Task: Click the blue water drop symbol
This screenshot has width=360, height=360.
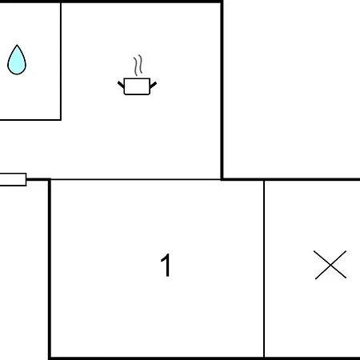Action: pyautogui.click(x=17, y=60)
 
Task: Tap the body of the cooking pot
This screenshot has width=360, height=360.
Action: pyautogui.click(x=137, y=86)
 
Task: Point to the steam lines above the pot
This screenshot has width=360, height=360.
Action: pyautogui.click(x=138, y=66)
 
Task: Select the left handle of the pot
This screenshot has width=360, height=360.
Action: pyautogui.click(x=121, y=85)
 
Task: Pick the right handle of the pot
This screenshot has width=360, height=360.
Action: pyautogui.click(x=153, y=85)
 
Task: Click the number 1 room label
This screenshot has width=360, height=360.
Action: pyautogui.click(x=166, y=265)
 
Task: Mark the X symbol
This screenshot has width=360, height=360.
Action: pyautogui.click(x=330, y=265)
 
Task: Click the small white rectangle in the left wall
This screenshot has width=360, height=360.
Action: pyautogui.click(x=13, y=179)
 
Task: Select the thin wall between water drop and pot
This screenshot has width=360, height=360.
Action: pyautogui.click(x=61, y=61)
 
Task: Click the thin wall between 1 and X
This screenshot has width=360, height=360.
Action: pyautogui.click(x=264, y=269)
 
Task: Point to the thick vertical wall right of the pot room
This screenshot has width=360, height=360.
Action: pyautogui.click(x=222, y=90)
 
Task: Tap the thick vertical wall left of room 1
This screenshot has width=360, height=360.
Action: pyautogui.click(x=50, y=270)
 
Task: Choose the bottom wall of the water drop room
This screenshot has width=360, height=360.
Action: pyautogui.click(x=30, y=120)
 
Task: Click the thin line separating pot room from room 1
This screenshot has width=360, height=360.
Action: pyautogui.click(x=135, y=179)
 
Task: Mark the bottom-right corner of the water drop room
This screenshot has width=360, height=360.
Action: pyautogui.click(x=61, y=120)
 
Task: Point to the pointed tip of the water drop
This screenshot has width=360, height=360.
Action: pyautogui.click(x=17, y=45)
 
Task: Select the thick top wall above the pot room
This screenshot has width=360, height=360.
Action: pyautogui.click(x=142, y=2)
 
